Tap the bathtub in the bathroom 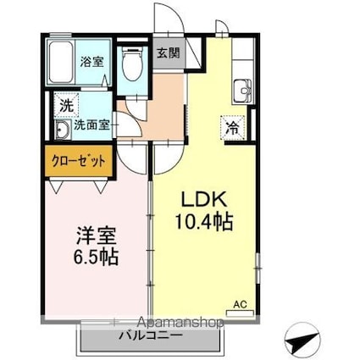[x=60, y=61]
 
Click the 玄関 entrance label [x=167, y=53]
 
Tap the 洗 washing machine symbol [x=66, y=106]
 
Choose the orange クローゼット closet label [x=77, y=160]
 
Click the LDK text [x=201, y=200]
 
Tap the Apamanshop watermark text [x=178, y=323]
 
